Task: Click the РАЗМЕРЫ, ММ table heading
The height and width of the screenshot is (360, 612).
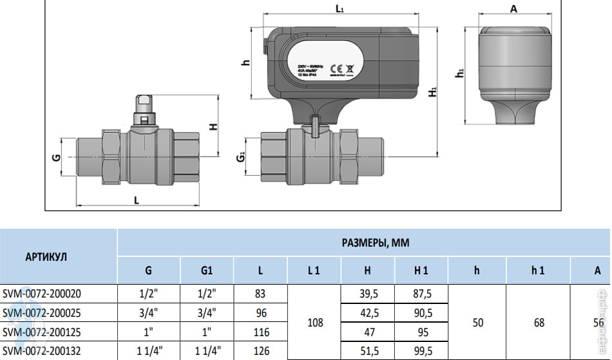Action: (376, 243)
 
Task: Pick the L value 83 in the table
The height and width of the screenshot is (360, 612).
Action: (260, 294)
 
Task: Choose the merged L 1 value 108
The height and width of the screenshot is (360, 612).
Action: (314, 322)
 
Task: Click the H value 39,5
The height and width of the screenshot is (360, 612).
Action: (367, 294)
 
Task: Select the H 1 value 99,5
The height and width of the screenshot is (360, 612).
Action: (421, 352)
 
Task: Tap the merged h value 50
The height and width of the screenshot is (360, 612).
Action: (478, 322)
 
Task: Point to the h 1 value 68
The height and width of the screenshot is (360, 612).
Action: (539, 322)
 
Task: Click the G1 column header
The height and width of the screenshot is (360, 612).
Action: (207, 271)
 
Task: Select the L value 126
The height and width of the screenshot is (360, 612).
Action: (260, 352)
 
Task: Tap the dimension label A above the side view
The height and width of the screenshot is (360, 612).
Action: (513, 8)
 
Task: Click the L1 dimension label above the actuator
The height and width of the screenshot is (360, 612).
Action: (340, 9)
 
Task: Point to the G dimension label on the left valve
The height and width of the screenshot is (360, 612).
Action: (56, 157)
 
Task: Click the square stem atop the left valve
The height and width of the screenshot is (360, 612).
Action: (144, 102)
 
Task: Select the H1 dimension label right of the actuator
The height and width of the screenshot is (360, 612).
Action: (433, 92)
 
